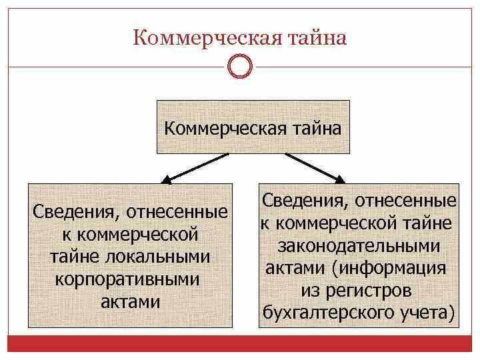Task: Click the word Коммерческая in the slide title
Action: click(199, 38)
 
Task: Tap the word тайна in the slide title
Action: click(314, 38)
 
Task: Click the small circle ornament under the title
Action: click(240, 67)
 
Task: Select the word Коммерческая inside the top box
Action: click(221, 128)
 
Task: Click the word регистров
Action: click(374, 291)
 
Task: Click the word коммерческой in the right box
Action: click(342, 223)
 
